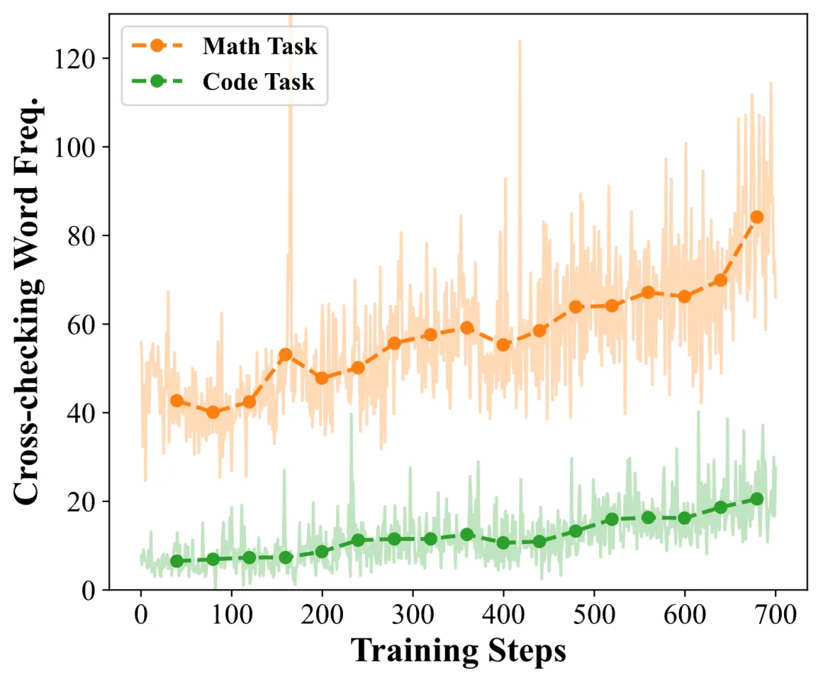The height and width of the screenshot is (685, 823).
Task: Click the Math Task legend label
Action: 259,46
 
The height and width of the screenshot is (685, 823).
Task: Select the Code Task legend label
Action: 258,82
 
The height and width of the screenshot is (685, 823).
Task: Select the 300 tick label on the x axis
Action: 412,614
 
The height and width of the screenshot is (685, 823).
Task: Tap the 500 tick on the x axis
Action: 593,614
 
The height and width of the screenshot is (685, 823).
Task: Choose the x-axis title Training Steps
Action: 458,651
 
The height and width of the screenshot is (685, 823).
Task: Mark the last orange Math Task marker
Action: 757,216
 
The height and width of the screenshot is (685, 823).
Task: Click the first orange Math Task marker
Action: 177,401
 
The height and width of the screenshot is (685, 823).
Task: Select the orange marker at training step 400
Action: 503,344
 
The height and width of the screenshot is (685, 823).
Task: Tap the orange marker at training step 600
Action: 684,296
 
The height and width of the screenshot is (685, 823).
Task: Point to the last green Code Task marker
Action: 757,499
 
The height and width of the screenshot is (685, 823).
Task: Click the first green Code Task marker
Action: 177,561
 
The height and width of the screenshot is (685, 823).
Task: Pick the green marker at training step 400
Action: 503,543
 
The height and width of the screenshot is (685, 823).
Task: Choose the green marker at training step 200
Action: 322,552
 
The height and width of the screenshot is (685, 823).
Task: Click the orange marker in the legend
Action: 157,46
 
